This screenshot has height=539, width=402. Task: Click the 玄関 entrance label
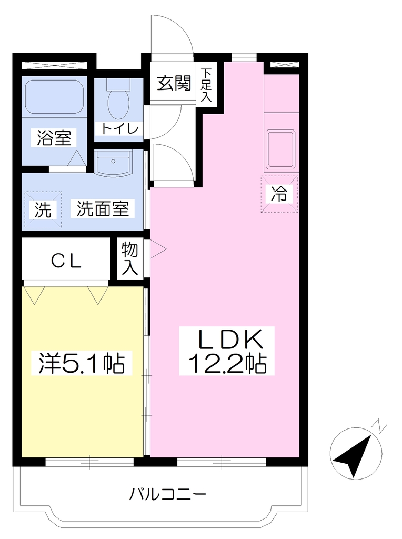tap(174, 83)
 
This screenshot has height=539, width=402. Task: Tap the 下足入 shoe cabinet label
tap(206, 85)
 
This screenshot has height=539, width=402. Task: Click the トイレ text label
tap(120, 129)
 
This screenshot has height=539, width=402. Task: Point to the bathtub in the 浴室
tap(55, 97)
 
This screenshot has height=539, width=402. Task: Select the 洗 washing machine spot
tap(43, 209)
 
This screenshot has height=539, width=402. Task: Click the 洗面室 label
tap(103, 208)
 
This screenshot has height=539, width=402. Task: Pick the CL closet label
tap(66, 261)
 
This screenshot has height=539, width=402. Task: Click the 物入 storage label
tap(129, 258)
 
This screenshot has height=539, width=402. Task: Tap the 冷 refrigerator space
tap(279, 194)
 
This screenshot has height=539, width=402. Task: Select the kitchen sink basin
tap(280, 149)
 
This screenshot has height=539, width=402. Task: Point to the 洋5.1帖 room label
tap(82, 363)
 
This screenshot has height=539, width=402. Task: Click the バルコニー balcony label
tap(168, 495)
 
